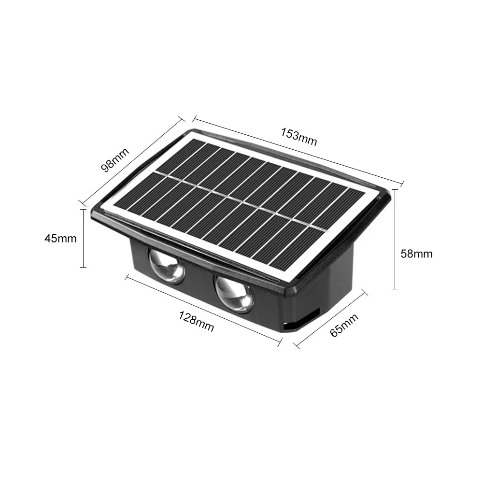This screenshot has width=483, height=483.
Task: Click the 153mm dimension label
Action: click(x=299, y=137)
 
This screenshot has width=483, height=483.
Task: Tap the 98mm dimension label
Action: click(x=115, y=160)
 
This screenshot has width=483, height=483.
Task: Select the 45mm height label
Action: click(x=60, y=239)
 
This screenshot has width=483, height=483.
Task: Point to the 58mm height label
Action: click(x=416, y=254)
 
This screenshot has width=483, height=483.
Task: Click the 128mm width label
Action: click(x=197, y=321)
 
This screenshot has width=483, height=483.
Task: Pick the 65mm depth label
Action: click(x=344, y=325)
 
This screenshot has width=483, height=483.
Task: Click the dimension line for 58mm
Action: click(x=395, y=239)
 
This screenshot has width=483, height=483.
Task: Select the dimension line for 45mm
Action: click(x=83, y=239)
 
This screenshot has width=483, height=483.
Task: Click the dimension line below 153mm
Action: click(x=298, y=150)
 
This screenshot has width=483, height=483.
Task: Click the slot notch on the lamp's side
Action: click(x=302, y=321)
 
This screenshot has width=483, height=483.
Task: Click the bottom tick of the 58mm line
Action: click(x=395, y=289)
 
